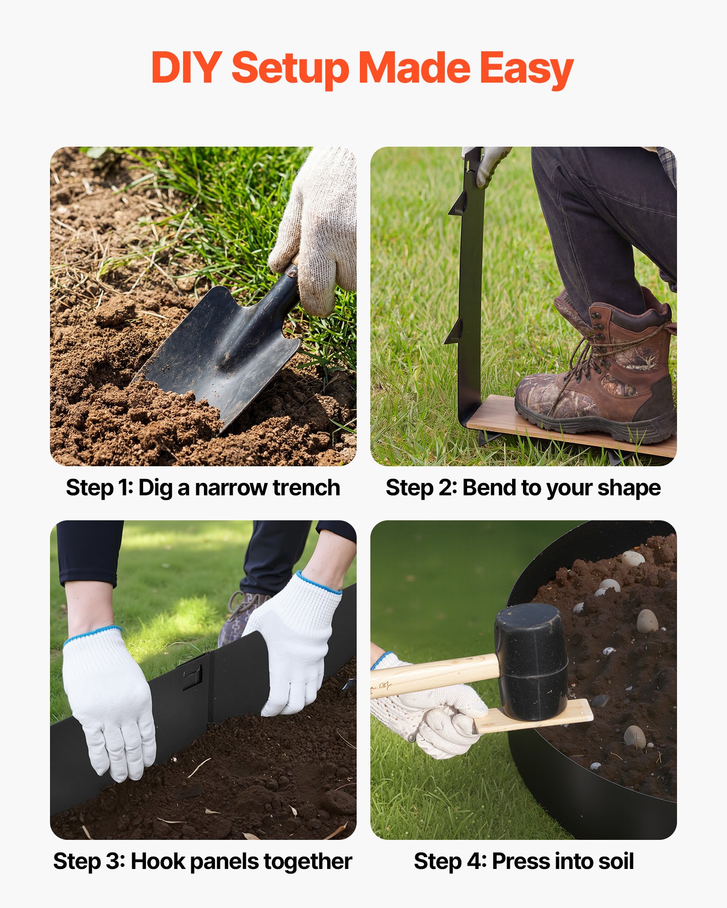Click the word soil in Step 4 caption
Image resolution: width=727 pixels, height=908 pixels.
tap(616, 861)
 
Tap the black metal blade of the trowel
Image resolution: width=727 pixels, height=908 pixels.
tap(223, 350)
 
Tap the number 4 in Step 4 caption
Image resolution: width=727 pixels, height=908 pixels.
tap(476, 861)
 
